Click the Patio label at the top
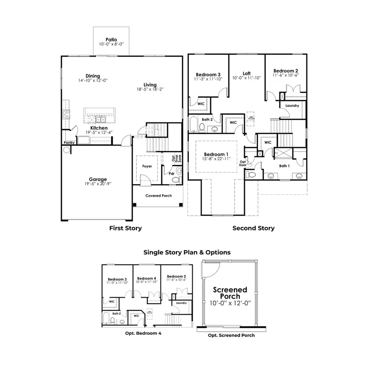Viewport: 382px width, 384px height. [x=112, y=39]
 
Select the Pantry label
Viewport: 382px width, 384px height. [x=69, y=143]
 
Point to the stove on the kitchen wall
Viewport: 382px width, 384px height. [x=66, y=114]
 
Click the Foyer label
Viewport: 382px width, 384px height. [x=147, y=166]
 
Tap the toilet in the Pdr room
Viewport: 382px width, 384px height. [x=178, y=171]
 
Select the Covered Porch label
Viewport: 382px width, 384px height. [x=158, y=196]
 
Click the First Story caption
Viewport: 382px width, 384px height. [x=125, y=228]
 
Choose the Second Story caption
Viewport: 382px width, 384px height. [x=253, y=228]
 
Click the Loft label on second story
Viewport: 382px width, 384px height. [x=247, y=73]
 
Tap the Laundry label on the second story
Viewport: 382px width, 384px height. [x=292, y=105]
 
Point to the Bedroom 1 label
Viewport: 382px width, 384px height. [x=216, y=154]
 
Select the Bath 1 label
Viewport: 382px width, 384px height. [x=284, y=166]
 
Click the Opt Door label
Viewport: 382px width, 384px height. [x=243, y=163]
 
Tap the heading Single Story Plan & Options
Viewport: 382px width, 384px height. [x=187, y=253]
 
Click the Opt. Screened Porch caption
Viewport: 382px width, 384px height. [x=231, y=336]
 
